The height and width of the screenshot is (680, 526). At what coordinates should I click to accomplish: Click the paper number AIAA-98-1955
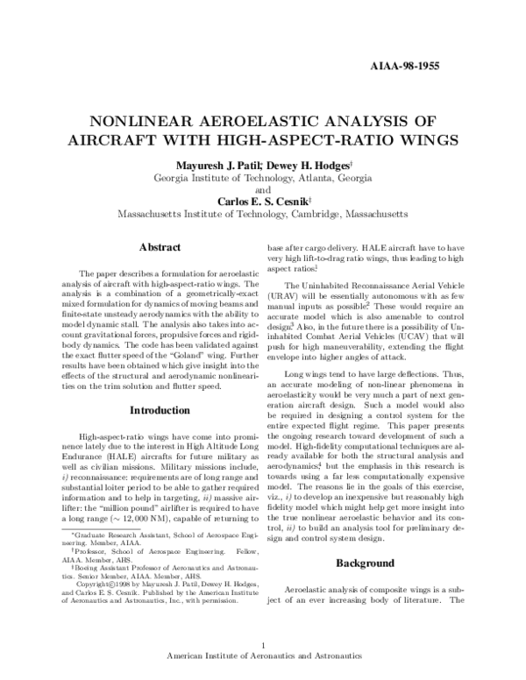pyautogui.click(x=404, y=66)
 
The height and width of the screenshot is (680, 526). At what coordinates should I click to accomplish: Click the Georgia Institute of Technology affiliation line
pyautogui.click(x=262, y=178)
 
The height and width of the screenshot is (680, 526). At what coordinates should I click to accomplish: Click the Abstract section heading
pyautogui.click(x=154, y=248)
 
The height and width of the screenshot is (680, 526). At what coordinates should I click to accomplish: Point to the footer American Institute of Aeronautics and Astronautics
pyautogui.click(x=263, y=660)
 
